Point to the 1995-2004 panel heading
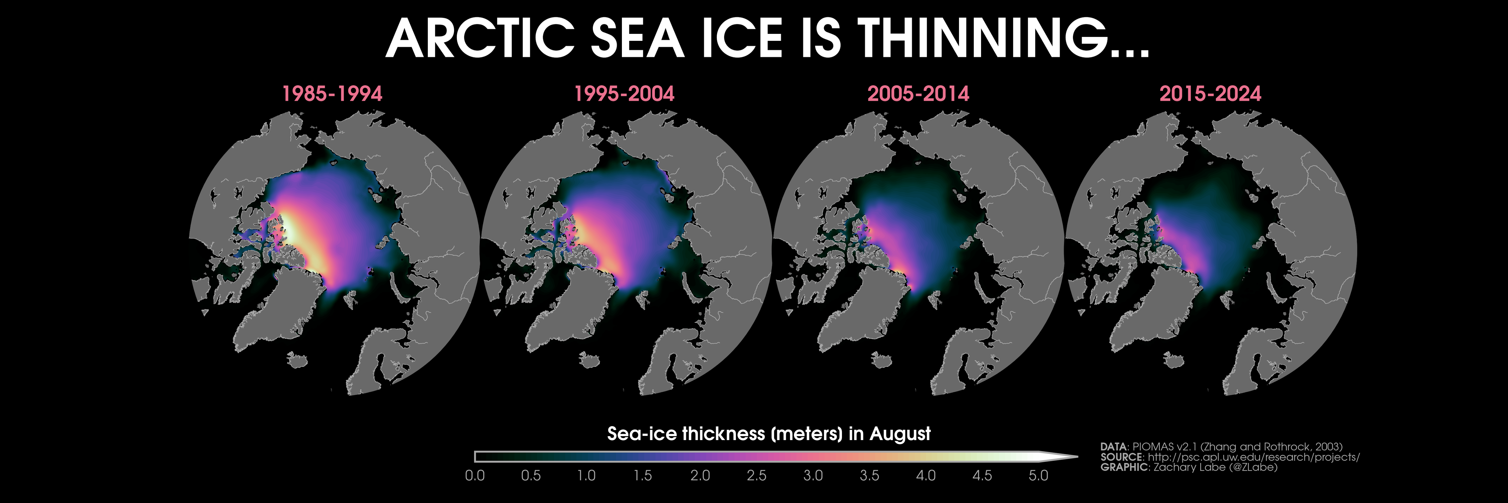coord(625,94)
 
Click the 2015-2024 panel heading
coord(1211,94)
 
